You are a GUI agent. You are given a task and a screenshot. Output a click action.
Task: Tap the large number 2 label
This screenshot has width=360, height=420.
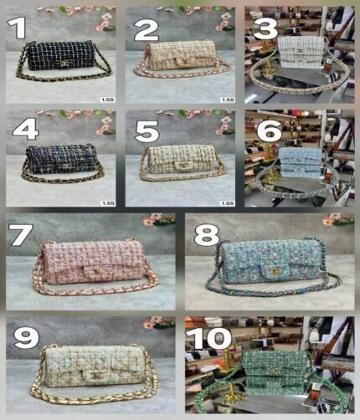tap(146, 31)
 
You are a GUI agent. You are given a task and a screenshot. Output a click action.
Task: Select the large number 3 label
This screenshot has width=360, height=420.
tap(266, 29)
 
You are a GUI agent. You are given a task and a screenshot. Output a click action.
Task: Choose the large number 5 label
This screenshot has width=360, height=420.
tap(147, 131)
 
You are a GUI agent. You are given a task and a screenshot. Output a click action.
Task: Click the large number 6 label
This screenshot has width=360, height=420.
tap(266, 131)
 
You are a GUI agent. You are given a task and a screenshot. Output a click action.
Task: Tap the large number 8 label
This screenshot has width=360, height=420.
tap(206, 235)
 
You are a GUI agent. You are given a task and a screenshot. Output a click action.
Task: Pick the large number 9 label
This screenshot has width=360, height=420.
tap(27, 336)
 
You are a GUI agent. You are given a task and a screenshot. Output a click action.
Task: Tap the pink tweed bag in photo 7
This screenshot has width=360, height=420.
tap(88, 265)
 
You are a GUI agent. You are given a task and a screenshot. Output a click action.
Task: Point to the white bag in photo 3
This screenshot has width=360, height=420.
tap(303, 50)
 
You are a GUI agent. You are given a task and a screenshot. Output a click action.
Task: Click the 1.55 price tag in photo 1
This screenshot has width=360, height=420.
tap(107, 100)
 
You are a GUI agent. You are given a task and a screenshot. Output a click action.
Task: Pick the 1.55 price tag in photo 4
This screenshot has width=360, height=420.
tap(107, 202)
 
